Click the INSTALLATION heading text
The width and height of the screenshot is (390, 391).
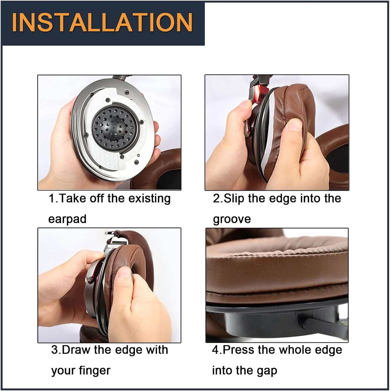click(102, 23)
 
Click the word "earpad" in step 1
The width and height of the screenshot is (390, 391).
click(67, 219)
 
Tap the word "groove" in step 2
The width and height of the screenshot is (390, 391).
click(232, 219)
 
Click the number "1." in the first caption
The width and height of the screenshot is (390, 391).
click(53, 198)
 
